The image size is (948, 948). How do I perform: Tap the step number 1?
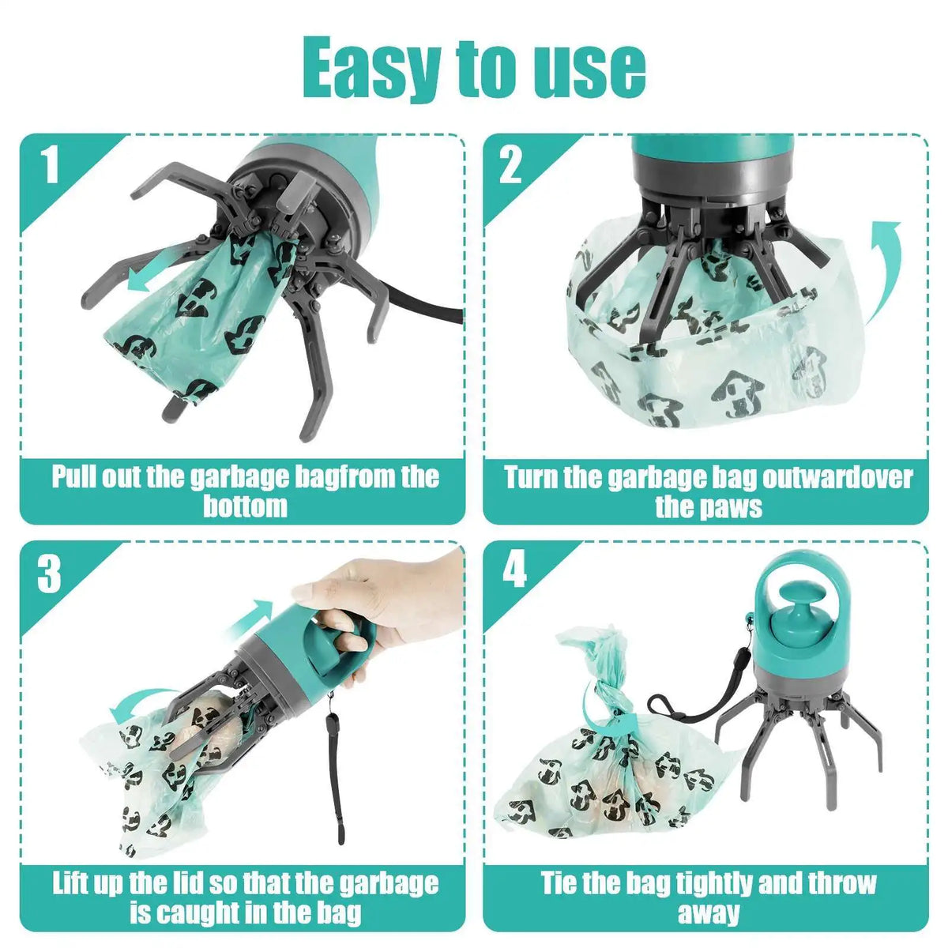pyautogui.click(x=50, y=165)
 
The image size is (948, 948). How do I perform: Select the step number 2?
pyautogui.click(x=511, y=165)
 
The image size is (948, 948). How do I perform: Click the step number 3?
pyautogui.click(x=49, y=573)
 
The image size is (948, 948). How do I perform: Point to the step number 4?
pyautogui.click(x=514, y=570)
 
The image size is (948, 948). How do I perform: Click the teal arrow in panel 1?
pyautogui.click(x=150, y=274)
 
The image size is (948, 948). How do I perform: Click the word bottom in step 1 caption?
pyautogui.click(x=244, y=506)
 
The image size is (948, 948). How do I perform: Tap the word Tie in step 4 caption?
pyautogui.click(x=561, y=883)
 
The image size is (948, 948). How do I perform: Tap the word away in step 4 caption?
pyautogui.click(x=708, y=913)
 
